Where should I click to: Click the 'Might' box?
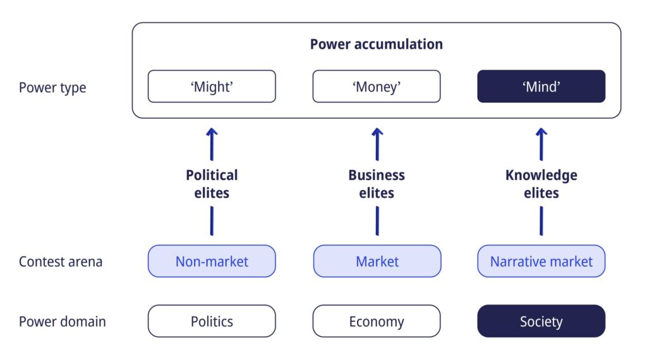[212, 86]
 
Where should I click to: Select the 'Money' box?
[377, 86]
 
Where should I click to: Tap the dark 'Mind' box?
[541, 86]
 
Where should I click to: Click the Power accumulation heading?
[377, 44]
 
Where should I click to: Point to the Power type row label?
[52, 87]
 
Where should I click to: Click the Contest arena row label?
[61, 261]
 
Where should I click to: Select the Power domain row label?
[63, 321]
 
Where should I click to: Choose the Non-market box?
[212, 261]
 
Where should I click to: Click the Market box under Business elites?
[377, 261]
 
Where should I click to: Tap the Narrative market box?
[541, 261]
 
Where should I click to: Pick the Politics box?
[212, 321]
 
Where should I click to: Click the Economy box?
[377, 321]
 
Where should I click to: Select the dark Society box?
[541, 321]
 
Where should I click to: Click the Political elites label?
[212, 184]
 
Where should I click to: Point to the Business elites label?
[377, 184]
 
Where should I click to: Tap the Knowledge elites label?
[541, 184]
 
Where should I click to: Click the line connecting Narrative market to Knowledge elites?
[541, 221]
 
